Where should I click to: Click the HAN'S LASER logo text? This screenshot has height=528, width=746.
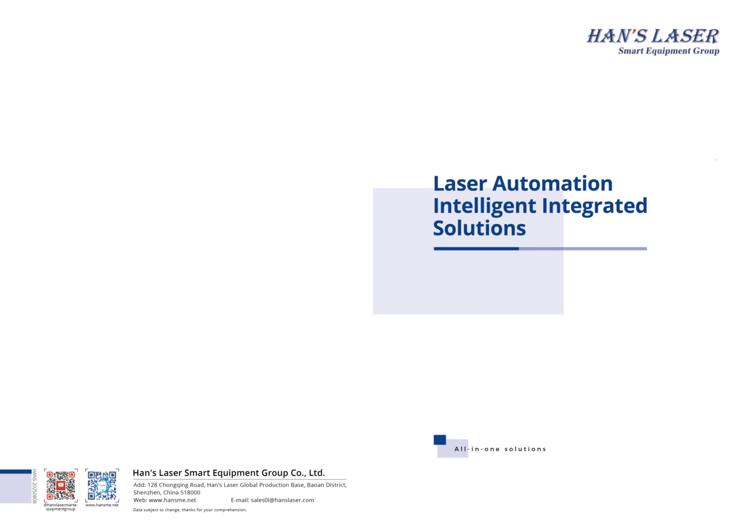click(x=653, y=36)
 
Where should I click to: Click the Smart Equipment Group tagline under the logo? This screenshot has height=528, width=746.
click(x=669, y=51)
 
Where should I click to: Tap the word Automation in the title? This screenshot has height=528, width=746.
click(x=552, y=183)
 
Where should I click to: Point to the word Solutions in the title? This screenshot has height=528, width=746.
click(x=479, y=228)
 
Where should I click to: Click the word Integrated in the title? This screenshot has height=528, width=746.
click(x=594, y=206)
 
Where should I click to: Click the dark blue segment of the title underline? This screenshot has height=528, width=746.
click(x=476, y=249)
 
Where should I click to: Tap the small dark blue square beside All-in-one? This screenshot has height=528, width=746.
click(x=440, y=440)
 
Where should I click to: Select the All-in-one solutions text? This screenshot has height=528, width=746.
click(x=500, y=449)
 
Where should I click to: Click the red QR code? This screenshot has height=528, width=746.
click(x=61, y=485)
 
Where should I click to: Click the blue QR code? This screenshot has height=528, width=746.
click(x=102, y=485)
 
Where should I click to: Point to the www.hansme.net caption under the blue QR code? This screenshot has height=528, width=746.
click(x=102, y=505)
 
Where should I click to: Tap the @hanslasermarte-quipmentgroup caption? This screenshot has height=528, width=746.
click(x=61, y=507)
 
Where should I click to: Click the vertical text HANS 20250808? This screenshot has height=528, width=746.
click(x=35, y=486)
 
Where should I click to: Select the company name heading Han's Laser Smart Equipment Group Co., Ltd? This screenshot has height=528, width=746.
click(x=229, y=473)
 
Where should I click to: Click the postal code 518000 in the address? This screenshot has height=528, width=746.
click(x=190, y=493)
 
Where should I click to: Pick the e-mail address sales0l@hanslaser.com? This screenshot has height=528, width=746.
click(x=282, y=500)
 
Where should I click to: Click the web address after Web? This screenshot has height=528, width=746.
click(x=172, y=500)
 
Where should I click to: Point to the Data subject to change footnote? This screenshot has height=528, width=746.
click(x=190, y=510)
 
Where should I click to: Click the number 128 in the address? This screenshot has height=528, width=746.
click(x=152, y=485)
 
